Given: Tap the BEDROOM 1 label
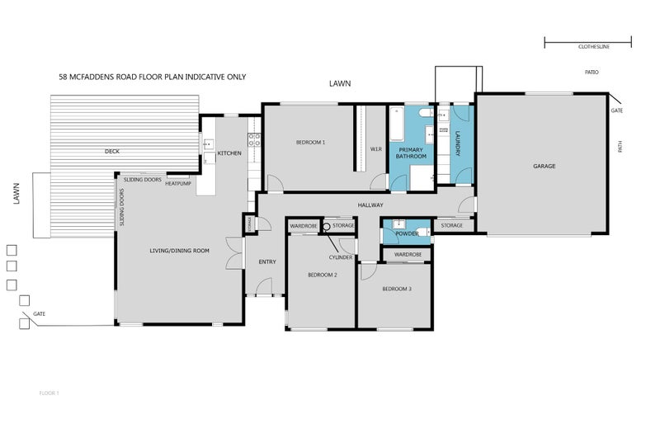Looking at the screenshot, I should (310, 143).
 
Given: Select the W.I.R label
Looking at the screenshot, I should (375, 149).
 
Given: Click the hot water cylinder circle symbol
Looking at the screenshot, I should (326, 226).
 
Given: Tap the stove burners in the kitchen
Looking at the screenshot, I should (255, 139).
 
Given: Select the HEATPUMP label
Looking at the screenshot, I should (178, 183).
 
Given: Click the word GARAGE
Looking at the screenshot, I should (544, 166).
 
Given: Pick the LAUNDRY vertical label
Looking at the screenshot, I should (456, 143).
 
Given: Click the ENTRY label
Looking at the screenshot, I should (267, 261).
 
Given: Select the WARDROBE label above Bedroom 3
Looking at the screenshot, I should (408, 255).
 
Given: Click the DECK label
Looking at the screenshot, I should (112, 152).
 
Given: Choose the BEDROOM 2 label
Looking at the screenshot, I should (322, 275).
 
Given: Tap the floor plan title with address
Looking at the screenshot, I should (153, 77).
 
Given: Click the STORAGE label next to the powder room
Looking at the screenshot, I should (451, 225).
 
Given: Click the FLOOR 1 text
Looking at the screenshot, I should (49, 393).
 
